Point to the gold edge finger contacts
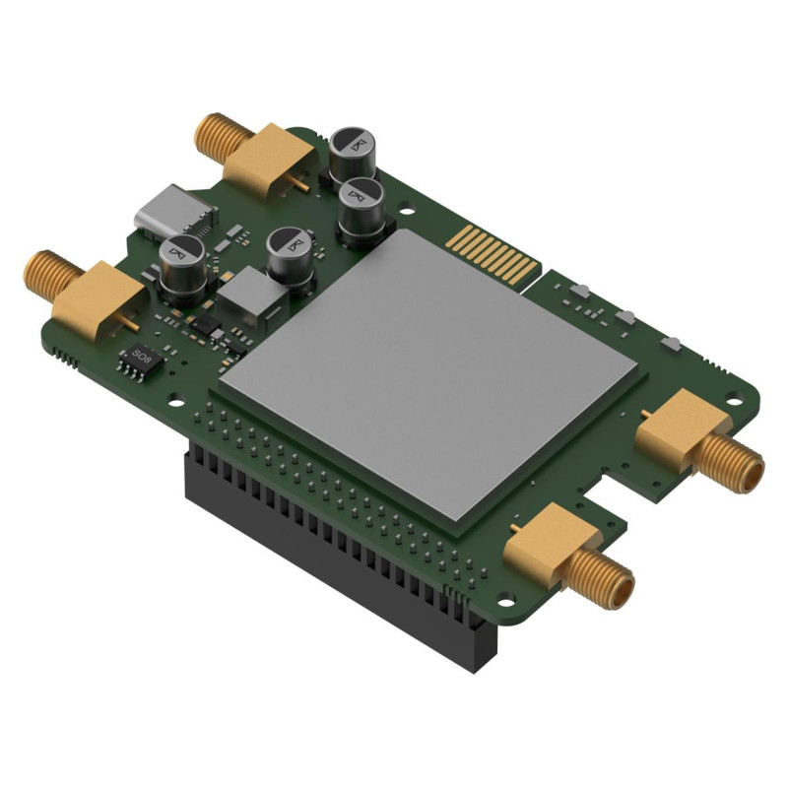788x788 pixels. click(497, 252)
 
